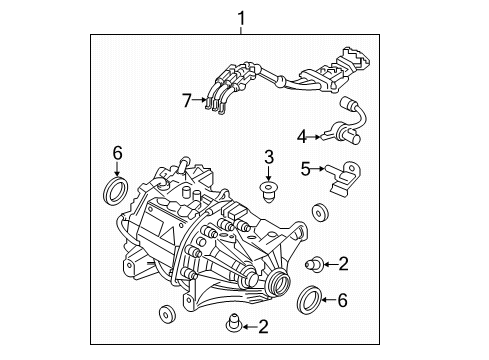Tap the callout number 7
tap(186, 99)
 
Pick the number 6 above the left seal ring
tap(117, 153)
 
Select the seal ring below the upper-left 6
tap(117, 189)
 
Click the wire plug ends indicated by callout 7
tap(212, 100)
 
